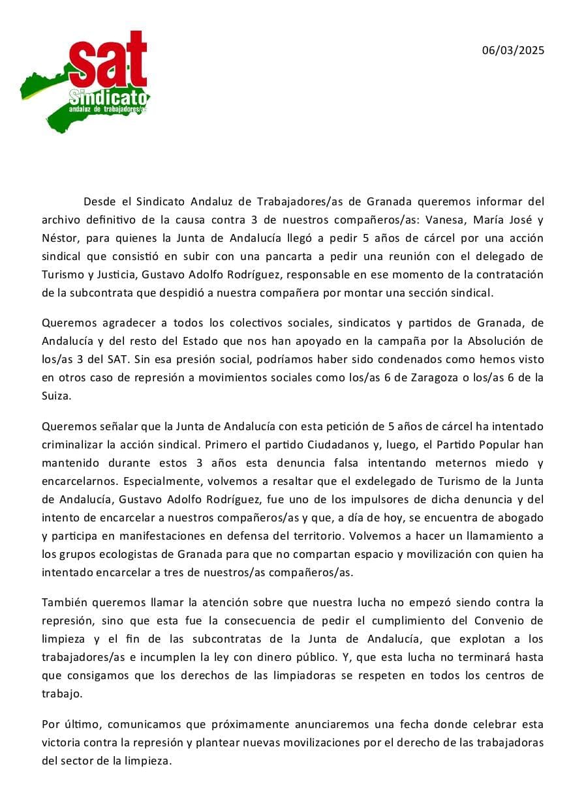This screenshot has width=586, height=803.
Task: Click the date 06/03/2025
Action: pyautogui.click(x=513, y=50)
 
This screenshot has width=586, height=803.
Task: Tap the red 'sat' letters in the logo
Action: pyautogui.click(x=108, y=62)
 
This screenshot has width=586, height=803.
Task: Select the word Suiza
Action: pyautogui.click(x=55, y=396)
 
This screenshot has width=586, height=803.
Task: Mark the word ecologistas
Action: pyautogui.click(x=129, y=554)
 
